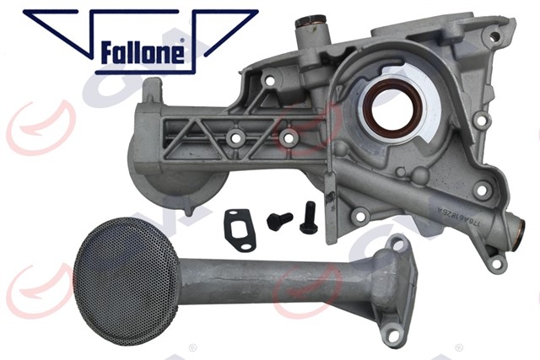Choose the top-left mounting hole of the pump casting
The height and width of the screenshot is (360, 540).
coord(270,80)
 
